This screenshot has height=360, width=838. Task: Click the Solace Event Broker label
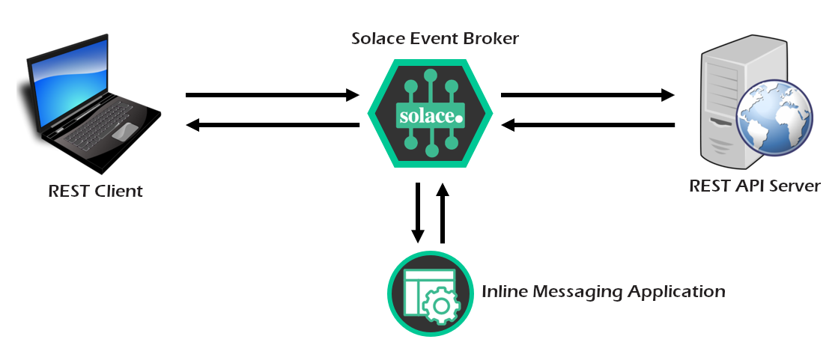[435, 38]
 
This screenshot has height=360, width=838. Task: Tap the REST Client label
[95, 191]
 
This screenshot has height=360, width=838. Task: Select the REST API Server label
[755, 186]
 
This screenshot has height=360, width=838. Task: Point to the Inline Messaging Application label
[604, 291]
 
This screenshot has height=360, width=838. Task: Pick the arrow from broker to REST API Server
[587, 95]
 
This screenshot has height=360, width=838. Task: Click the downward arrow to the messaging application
[418, 213]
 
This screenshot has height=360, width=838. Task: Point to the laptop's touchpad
[126, 131]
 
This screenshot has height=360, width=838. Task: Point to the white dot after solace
[459, 118]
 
